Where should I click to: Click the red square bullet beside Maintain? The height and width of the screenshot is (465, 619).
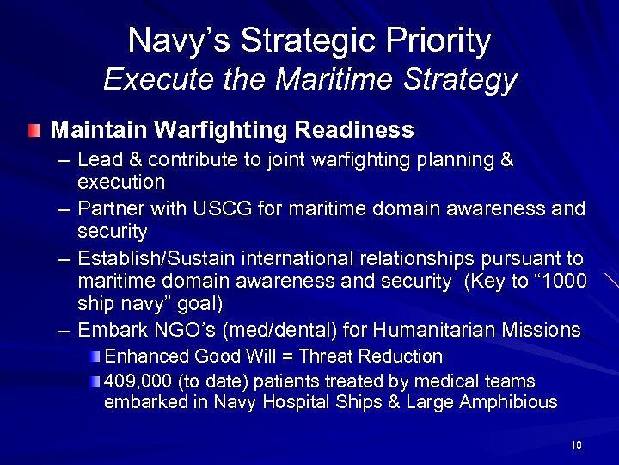tap(32, 131)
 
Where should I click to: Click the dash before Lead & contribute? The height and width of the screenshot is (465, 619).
tap(62, 161)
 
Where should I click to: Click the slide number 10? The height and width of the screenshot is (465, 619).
tap(575, 444)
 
